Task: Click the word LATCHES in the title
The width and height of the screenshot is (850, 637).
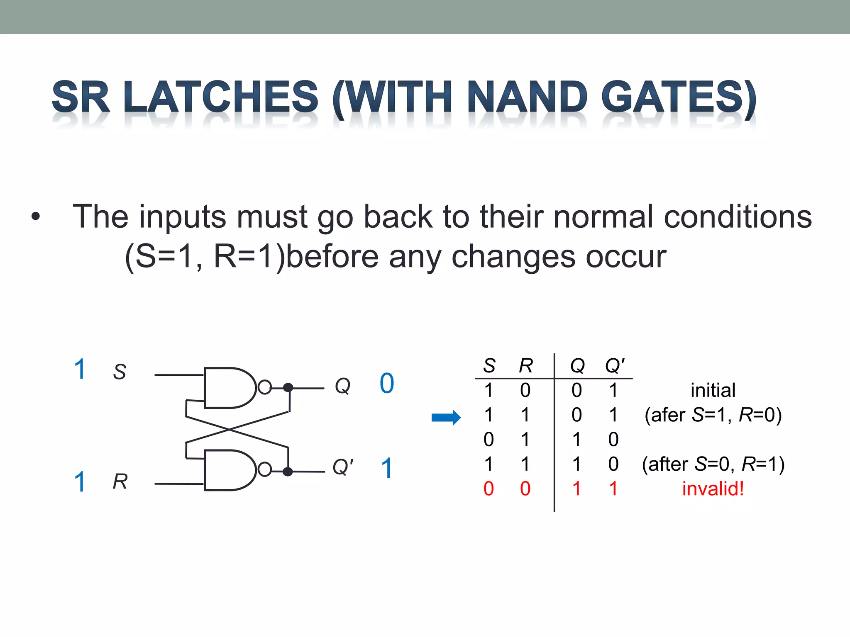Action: [x=221, y=97]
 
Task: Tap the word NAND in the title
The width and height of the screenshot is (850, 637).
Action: [x=528, y=97]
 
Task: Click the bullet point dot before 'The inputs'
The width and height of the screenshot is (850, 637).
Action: [x=36, y=216]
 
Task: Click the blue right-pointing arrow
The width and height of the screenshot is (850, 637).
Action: [x=446, y=417]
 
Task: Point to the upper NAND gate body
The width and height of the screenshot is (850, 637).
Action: [x=228, y=388]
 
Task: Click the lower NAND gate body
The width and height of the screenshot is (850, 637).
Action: [x=228, y=470]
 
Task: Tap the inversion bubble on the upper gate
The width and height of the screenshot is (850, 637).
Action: [x=264, y=387]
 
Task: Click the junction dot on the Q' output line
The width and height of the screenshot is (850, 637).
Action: [x=288, y=472]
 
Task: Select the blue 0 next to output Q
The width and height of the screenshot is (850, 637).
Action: [x=387, y=383]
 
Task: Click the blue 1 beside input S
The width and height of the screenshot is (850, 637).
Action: [x=80, y=369]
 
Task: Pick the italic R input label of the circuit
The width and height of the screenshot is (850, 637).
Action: [x=120, y=482]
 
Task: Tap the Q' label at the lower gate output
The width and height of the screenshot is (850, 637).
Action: [x=343, y=467]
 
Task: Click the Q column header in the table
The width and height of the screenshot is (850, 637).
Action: [x=577, y=366]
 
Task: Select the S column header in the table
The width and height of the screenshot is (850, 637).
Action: [x=489, y=366]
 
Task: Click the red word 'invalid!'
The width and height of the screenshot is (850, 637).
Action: [x=713, y=489]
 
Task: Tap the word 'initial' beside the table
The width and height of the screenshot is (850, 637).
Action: [x=713, y=390]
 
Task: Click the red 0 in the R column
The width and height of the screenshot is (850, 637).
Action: [x=525, y=489]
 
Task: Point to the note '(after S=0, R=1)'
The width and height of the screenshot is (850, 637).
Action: [x=713, y=464]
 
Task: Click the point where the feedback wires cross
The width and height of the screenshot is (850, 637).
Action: [x=230, y=430]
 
